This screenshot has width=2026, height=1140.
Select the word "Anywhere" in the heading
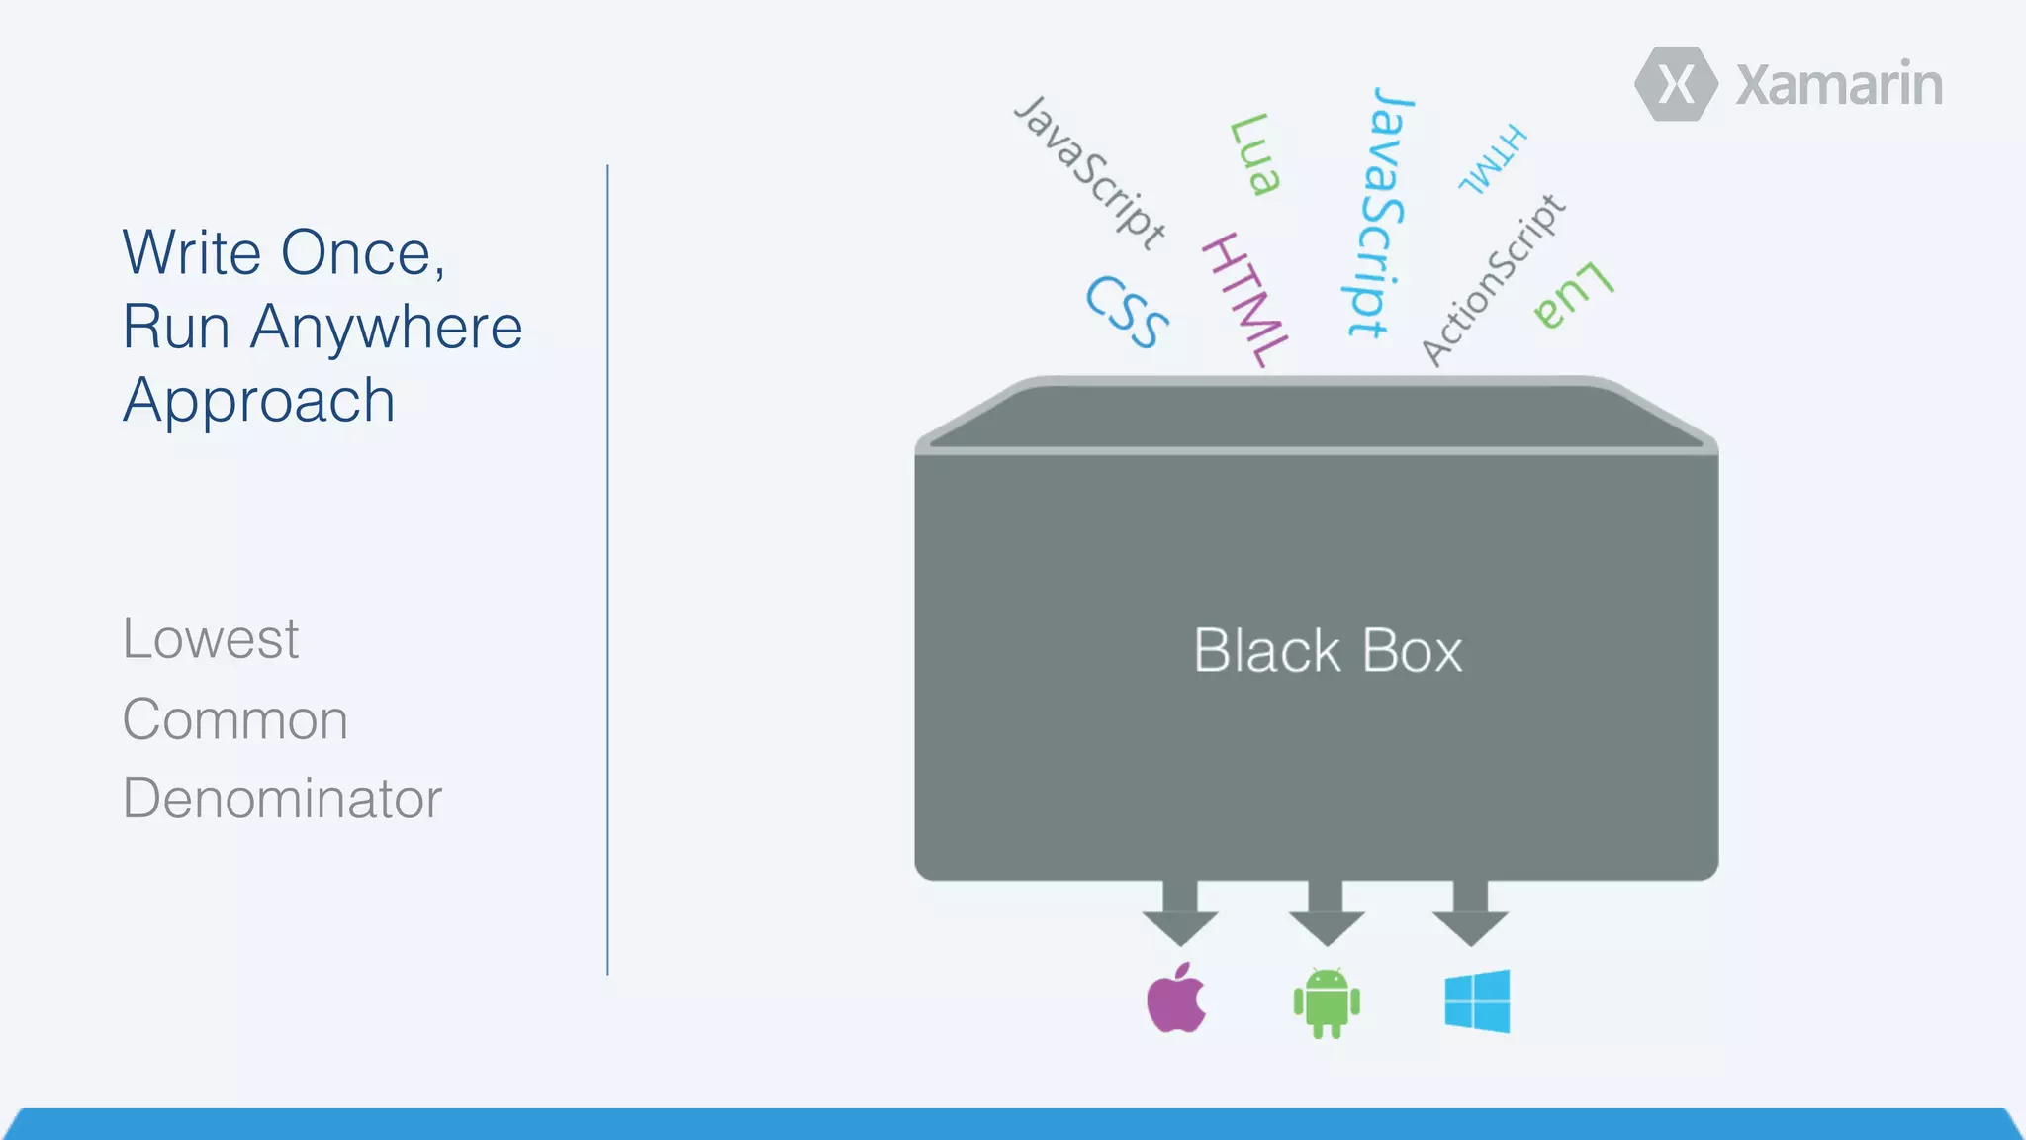coord(386,328)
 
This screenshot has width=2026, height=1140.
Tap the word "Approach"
coord(259,402)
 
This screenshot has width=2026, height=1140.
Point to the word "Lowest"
coord(210,639)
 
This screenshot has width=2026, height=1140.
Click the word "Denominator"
coord(282,799)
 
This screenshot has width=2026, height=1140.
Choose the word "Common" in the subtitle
coord(234,719)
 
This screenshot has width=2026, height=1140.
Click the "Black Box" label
coord(1327,651)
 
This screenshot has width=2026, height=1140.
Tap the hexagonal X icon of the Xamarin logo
coord(1676,84)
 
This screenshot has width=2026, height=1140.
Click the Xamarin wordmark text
coord(1839,85)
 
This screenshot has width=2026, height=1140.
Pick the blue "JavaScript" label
coord(1380,212)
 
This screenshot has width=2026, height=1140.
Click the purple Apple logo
coord(1176,998)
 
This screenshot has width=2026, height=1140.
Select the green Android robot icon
coord(1327,1002)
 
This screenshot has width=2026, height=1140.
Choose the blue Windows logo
coord(1477,1001)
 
